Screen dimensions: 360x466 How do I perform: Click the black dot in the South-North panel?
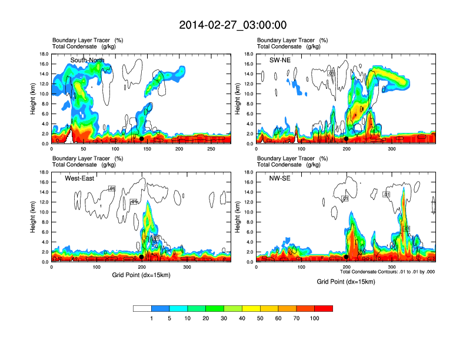pyautogui.click(x=141, y=139)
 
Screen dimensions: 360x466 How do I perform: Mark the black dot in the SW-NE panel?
pyautogui.click(x=347, y=139)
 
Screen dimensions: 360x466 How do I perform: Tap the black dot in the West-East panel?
pyautogui.click(x=142, y=257)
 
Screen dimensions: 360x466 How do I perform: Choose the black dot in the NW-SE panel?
pyautogui.click(x=347, y=257)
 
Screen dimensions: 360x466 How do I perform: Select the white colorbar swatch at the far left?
pyautogui.click(x=142, y=308)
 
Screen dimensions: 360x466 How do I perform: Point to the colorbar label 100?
pyautogui.click(x=315, y=318)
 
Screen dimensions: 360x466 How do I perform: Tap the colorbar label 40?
pyautogui.click(x=242, y=318)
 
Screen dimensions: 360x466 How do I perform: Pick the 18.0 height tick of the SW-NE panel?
pyautogui.click(x=249, y=54)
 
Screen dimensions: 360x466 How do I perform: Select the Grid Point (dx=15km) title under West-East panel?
pyautogui.click(x=141, y=275)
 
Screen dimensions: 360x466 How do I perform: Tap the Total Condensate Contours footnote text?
pyautogui.click(x=388, y=272)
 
